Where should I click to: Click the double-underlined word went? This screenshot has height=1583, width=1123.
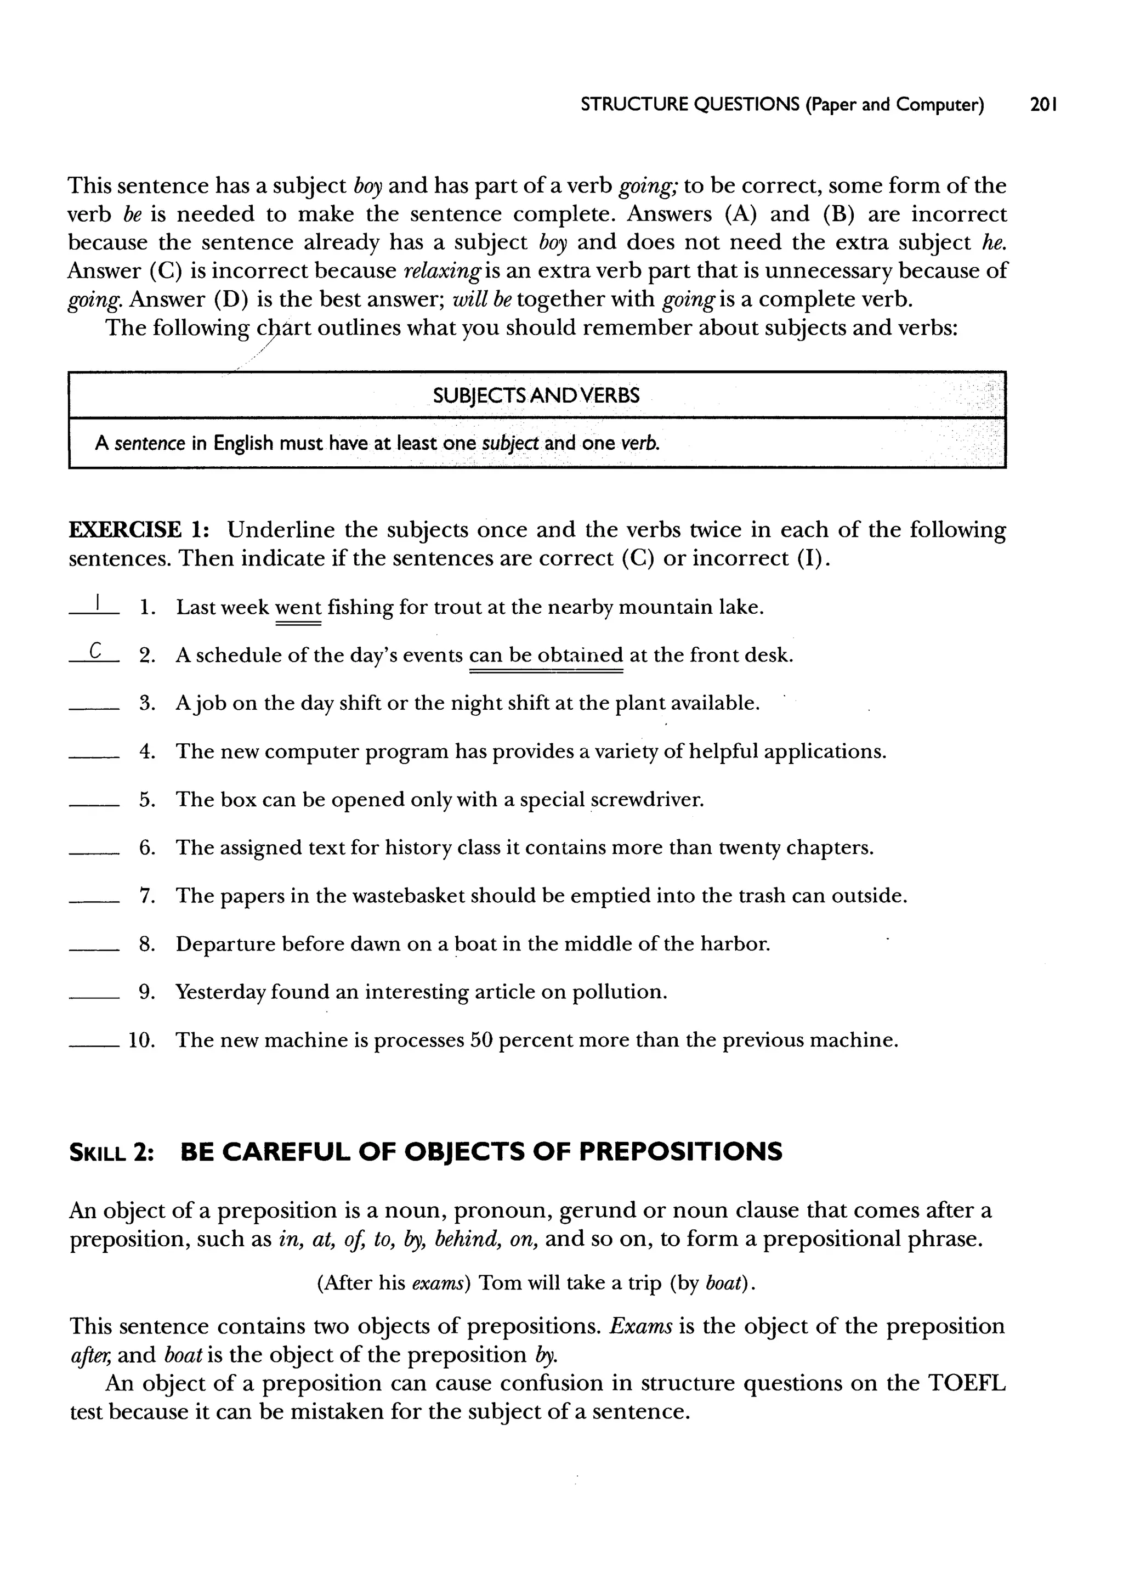coord(298,608)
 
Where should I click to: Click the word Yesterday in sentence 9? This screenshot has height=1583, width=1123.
coord(220,992)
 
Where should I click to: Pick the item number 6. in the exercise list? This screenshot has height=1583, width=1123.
coord(146,848)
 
